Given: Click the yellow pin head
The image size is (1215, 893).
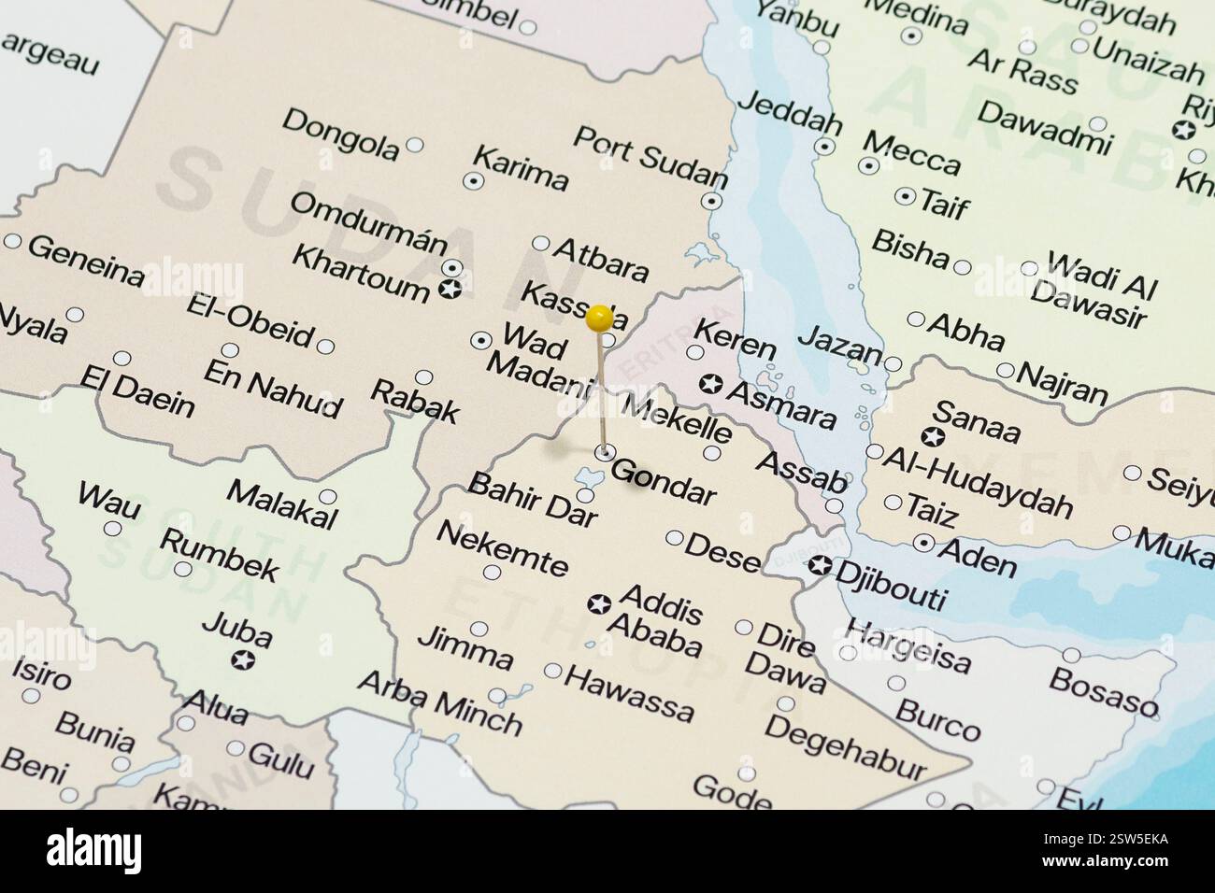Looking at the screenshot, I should tap(599, 319).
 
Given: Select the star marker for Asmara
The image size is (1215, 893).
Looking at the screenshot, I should tap(711, 383).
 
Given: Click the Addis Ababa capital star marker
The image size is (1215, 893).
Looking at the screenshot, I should tap(599, 604).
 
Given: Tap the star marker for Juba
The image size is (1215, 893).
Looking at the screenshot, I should tap(243, 660).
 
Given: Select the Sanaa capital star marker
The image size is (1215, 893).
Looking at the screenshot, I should tap(931, 436).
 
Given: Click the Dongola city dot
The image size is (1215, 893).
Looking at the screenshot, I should tap(415, 145).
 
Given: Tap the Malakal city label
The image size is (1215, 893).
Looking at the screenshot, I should tap(281, 504).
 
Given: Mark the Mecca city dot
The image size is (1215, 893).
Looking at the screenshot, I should tap(869, 166).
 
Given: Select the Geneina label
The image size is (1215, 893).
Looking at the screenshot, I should tap(86, 262).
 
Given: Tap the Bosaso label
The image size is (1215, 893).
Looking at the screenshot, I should tap(1104, 690).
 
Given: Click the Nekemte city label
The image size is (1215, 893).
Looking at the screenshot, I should tap(501, 549).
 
